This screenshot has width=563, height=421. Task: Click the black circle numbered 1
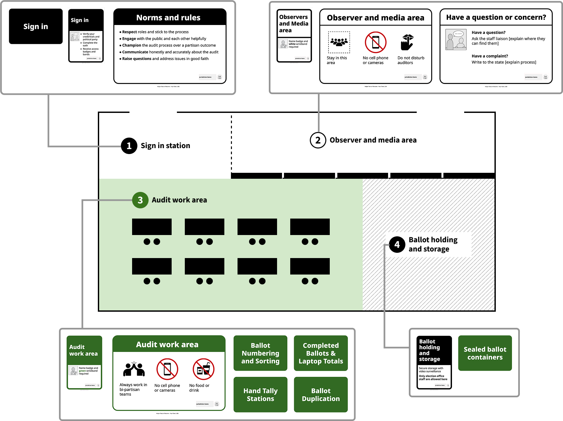pyautogui.click(x=129, y=146)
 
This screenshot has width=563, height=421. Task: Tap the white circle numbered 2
pyautogui.click(x=318, y=140)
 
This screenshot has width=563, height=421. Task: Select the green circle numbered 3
pyautogui.click(x=140, y=200)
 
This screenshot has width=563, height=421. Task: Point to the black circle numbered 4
pyautogui.click(x=397, y=245)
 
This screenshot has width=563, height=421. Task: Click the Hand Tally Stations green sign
pyautogui.click(x=260, y=395)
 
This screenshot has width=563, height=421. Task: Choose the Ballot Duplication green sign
pyautogui.click(x=321, y=395)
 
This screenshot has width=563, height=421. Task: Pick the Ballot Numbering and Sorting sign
pyautogui.click(x=260, y=353)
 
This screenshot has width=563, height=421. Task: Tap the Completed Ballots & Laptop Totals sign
pyautogui.click(x=321, y=353)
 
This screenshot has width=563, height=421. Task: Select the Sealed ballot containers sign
pyautogui.click(x=485, y=353)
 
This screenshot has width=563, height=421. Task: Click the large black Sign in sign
pyautogui.click(x=36, y=26)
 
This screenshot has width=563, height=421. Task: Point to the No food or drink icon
pyautogui.click(x=204, y=369)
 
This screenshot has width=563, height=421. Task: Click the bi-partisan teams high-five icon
pyautogui.click(x=134, y=369)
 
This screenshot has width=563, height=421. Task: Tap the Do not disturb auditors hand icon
pyautogui.click(x=408, y=42)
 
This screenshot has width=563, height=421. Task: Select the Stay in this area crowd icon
pyautogui.click(x=339, y=42)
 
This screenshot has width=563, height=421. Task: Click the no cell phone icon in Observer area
pyautogui.click(x=376, y=42)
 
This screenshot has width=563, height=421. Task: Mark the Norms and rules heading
pyautogui.click(x=168, y=18)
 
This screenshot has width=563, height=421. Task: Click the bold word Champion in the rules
pyautogui.click(x=132, y=45)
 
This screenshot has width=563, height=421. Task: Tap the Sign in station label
pyautogui.click(x=165, y=146)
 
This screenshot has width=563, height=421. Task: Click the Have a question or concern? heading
pyautogui.click(x=496, y=17)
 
